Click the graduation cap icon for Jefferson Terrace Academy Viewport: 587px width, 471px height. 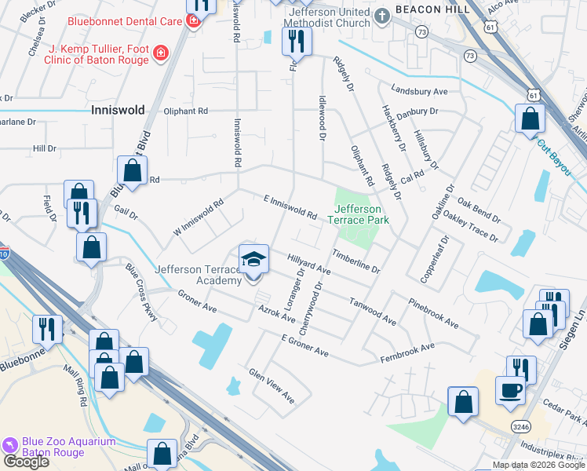[253, 260]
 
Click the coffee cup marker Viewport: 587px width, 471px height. [510, 390]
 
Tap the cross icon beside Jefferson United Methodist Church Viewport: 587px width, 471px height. [381, 16]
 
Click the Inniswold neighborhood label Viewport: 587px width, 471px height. [118, 110]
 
